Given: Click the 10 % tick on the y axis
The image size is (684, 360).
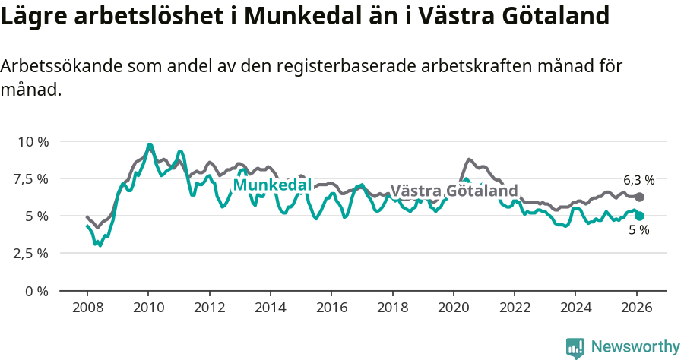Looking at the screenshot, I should (x=33, y=142).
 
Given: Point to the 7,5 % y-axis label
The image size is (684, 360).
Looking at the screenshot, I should (x=31, y=179).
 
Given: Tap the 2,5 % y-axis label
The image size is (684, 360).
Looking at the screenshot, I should (x=31, y=254).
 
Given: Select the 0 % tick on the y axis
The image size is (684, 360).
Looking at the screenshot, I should (x=37, y=291).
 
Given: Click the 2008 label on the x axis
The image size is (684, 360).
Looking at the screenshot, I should (x=87, y=308).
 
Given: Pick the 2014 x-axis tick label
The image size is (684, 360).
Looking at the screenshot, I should (x=270, y=308).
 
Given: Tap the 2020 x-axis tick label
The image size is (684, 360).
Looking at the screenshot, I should (x=453, y=308).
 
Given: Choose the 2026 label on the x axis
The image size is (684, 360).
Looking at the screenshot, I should (x=636, y=308).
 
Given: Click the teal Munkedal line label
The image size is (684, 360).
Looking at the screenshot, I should (x=272, y=185).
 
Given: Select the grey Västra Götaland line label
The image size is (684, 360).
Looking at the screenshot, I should (x=454, y=191).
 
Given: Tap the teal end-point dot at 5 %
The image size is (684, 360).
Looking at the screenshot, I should (x=639, y=216).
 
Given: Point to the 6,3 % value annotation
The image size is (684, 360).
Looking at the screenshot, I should (x=638, y=181).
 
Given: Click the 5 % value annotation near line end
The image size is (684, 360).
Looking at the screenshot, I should (x=638, y=230).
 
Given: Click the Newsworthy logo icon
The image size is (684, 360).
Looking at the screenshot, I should (x=575, y=348).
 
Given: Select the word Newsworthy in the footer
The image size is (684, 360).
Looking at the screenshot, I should (x=635, y=347).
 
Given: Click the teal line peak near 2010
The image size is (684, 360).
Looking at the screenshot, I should (x=150, y=144).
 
